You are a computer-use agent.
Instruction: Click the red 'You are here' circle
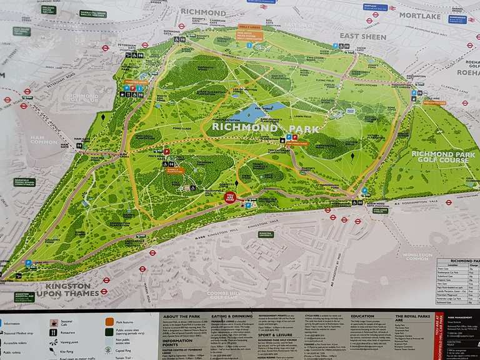pos(230,197)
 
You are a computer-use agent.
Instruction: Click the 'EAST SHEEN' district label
pos(362,36)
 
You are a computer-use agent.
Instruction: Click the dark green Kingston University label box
pos(266,234)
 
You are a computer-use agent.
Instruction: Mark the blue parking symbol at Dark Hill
pos(28,263)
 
